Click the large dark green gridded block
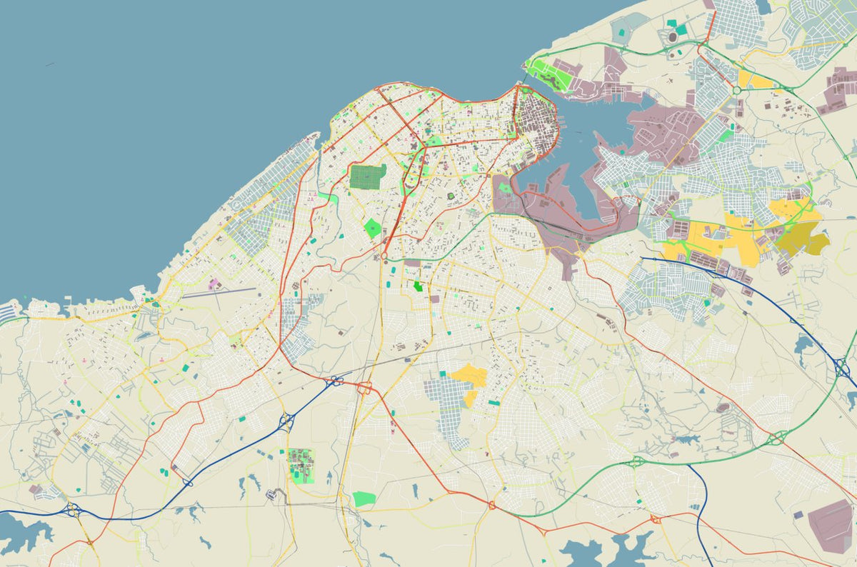coord(367,176)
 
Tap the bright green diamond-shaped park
coord(372,229)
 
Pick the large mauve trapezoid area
coord(830,526)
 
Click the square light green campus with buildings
coord(301,466)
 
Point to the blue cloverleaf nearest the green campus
coord(287,421)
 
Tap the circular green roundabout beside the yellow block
coord(736,91)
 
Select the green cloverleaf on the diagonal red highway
coord(776,438)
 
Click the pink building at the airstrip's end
coord(213,284)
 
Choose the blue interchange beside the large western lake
coord(72,510)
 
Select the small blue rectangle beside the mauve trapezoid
coord(798,514)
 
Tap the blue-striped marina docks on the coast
coord(10,312)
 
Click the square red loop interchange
coord(365,388)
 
